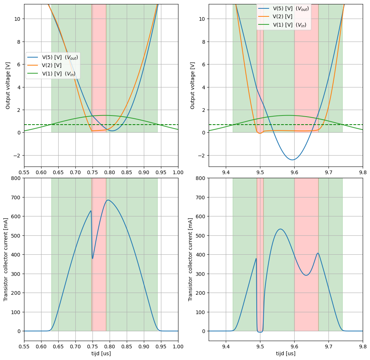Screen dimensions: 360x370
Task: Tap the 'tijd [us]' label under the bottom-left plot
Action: pos(101,353)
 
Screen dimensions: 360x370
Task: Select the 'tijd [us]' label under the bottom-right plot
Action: pos(286,353)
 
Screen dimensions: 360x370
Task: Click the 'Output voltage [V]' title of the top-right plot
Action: pos(193,86)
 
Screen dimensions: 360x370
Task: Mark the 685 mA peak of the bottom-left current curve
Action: pos(108,200)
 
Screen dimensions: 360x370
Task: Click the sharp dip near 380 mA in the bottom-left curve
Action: pos(92,258)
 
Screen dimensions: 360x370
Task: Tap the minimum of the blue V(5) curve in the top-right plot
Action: pos(292,160)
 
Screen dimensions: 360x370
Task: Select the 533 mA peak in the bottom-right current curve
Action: pos(280,229)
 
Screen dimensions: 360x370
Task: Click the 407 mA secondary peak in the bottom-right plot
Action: pos(318,253)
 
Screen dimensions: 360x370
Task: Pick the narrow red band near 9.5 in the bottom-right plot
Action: pos(260,255)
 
